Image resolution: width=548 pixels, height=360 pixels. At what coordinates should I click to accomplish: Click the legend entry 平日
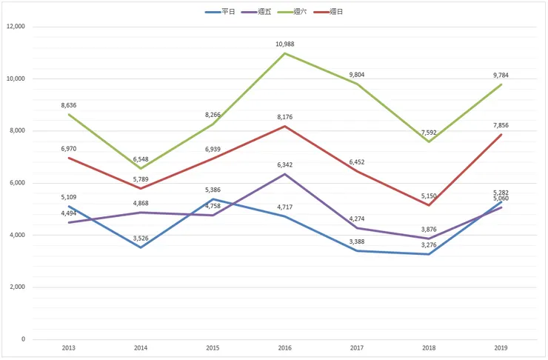(x=228, y=12)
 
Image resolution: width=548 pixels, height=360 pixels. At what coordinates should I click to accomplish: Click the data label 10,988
(x=285, y=44)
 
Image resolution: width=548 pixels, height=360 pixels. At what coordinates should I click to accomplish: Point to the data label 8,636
(x=69, y=105)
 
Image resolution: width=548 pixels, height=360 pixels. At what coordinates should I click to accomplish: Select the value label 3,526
(x=141, y=238)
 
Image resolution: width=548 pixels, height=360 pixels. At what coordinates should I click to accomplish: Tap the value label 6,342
(x=285, y=164)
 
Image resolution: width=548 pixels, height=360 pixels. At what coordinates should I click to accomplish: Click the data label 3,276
(x=430, y=244)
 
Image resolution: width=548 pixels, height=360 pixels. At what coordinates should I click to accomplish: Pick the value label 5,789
(x=141, y=179)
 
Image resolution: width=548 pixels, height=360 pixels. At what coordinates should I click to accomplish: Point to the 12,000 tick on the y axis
(x=15, y=27)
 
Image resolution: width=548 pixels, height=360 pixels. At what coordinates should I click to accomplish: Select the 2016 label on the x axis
(x=285, y=347)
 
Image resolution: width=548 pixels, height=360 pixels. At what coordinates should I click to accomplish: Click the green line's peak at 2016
(x=285, y=53)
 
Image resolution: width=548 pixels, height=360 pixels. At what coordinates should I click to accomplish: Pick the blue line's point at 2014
(x=141, y=247)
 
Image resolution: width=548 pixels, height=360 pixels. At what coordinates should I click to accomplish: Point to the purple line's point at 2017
(x=357, y=227)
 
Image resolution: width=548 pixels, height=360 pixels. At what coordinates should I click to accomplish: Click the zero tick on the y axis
(x=23, y=339)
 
